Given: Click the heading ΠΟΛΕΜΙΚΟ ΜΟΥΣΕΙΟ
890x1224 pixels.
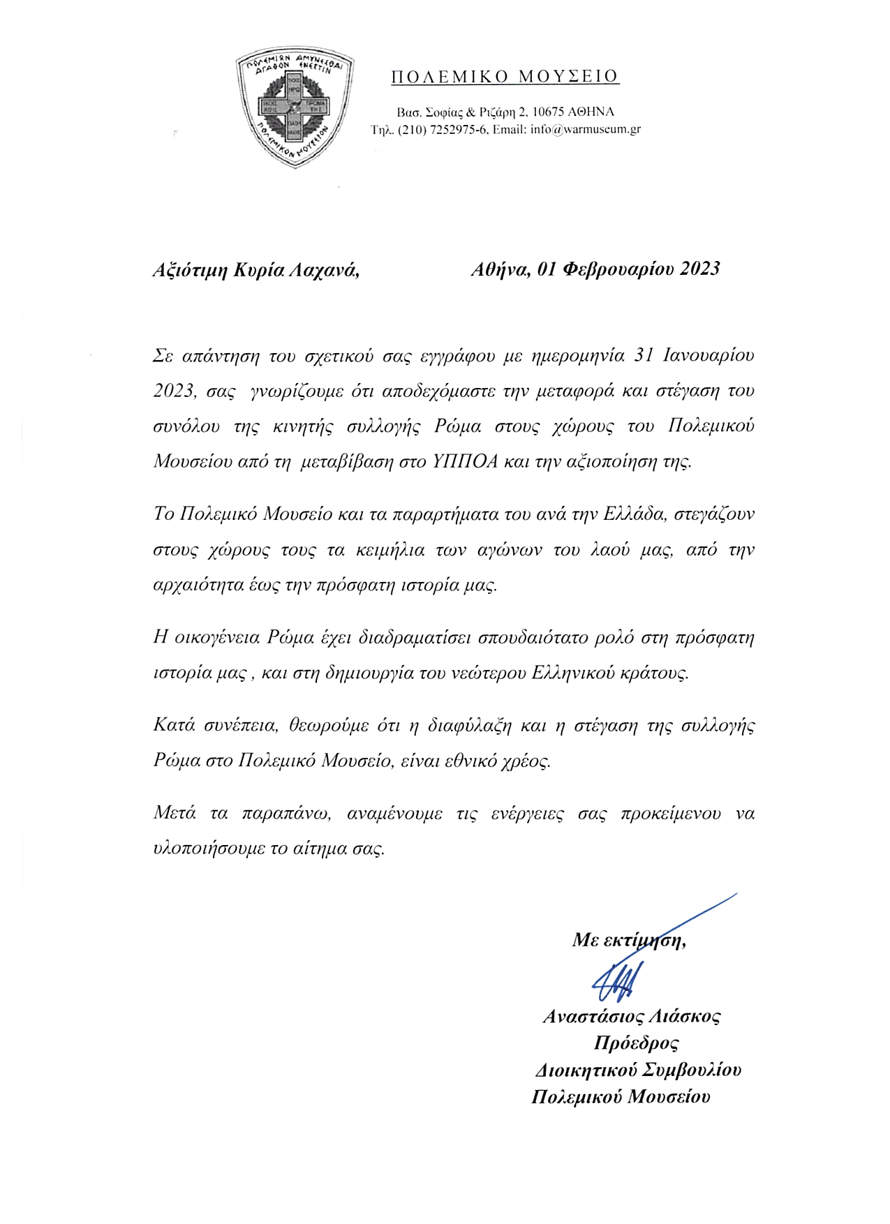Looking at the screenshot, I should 505,77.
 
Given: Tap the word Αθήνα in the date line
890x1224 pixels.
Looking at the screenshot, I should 501,269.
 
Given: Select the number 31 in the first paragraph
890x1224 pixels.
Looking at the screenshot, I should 642,355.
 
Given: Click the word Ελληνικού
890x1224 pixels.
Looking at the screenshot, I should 572,673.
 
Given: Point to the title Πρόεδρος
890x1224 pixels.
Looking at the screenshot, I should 636,1043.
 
